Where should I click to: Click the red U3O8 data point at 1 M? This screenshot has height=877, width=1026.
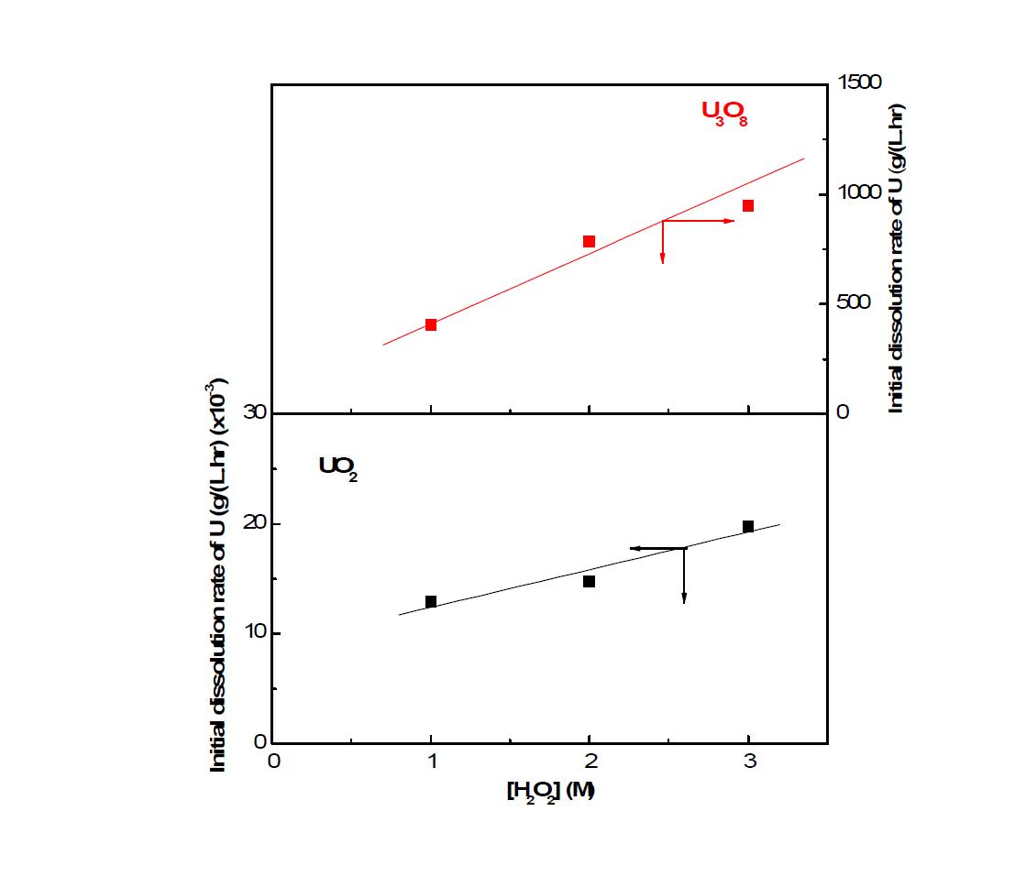(x=431, y=324)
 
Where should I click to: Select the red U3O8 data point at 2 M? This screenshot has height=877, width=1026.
(x=589, y=242)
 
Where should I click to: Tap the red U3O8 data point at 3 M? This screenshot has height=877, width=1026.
(x=748, y=206)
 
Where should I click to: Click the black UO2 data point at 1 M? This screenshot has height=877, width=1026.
(x=431, y=601)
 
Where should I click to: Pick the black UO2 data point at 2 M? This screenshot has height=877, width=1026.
(x=589, y=581)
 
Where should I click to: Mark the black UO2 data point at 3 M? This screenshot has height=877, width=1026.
(x=748, y=526)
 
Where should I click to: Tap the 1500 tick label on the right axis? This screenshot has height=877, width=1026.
(x=859, y=83)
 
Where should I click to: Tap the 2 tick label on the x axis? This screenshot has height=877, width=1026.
(x=590, y=762)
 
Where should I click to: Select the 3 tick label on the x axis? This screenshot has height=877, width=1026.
(x=749, y=762)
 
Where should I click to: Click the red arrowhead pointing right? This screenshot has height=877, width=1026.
(x=730, y=221)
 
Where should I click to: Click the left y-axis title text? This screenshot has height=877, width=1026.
(x=219, y=576)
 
